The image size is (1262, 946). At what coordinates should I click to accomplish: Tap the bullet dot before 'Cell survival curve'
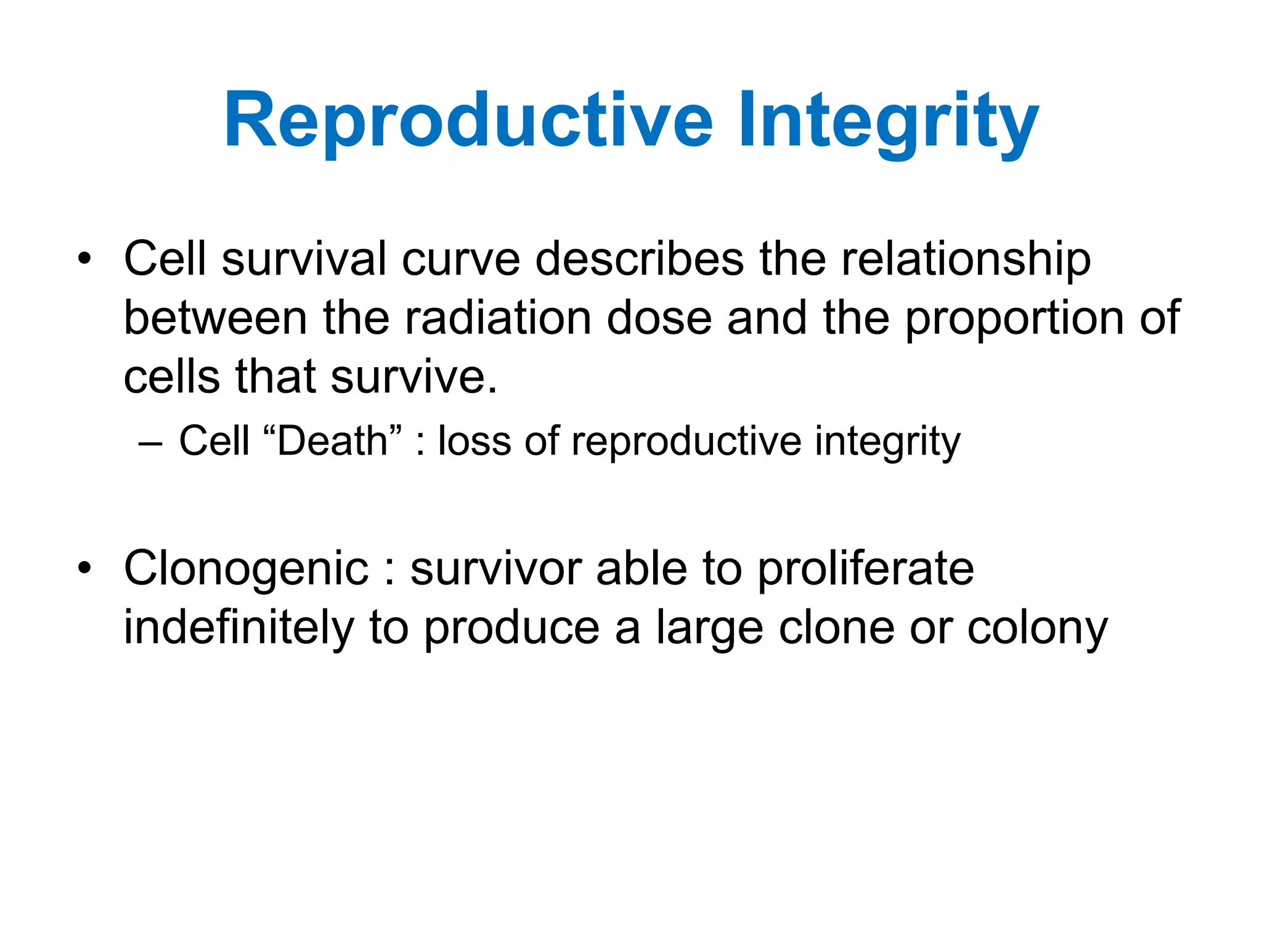[84, 259]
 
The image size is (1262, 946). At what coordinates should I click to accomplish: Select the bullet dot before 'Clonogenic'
[84, 568]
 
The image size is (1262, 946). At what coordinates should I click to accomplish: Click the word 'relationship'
[966, 259]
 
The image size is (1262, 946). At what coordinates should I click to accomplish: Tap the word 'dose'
[659, 318]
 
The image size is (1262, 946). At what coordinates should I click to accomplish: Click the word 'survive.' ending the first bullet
[413, 377]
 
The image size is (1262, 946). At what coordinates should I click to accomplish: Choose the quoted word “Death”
[332, 441]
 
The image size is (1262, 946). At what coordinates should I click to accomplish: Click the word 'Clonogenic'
[246, 568]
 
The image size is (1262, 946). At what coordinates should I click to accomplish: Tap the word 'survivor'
[496, 568]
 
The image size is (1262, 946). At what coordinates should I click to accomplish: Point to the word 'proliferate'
[865, 568]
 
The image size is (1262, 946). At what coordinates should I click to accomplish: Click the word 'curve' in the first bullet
[461, 259]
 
